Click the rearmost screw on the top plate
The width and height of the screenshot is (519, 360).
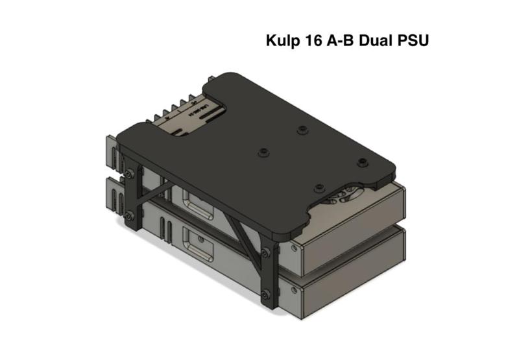point(302,130)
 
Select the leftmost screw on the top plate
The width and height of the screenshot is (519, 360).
point(263,152)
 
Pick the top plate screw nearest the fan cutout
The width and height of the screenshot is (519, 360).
point(319,188)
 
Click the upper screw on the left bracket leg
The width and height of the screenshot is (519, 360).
point(131,174)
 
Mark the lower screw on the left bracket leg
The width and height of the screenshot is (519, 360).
point(131,216)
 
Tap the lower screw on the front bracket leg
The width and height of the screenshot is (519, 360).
point(267,294)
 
